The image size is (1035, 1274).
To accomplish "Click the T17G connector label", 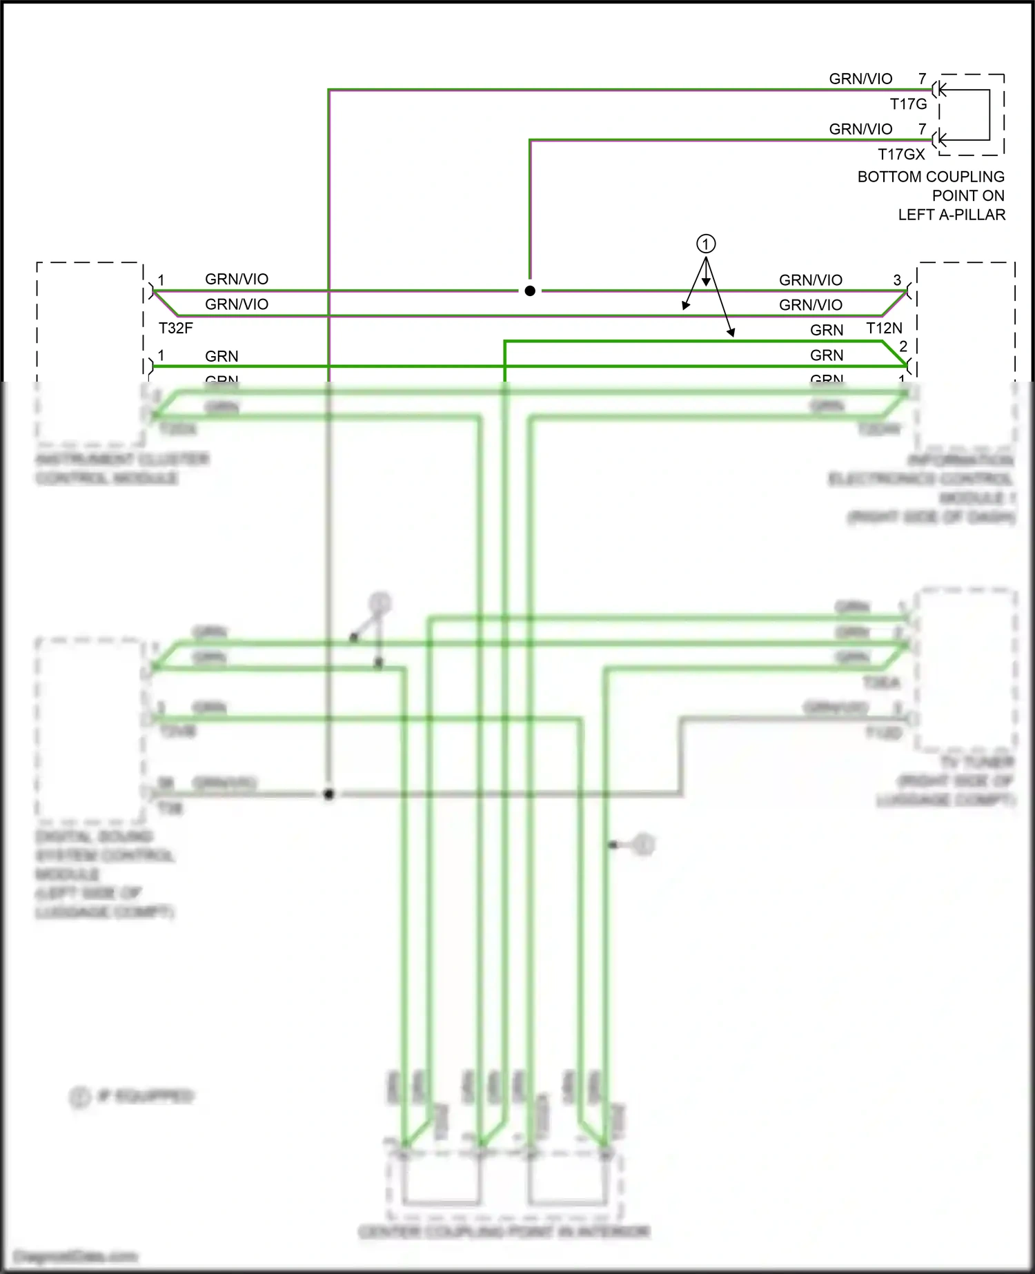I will (x=908, y=104).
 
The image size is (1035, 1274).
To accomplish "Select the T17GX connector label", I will (x=901, y=155).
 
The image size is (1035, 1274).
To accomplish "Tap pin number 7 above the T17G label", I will (x=922, y=79).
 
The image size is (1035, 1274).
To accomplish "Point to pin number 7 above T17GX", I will (x=922, y=129).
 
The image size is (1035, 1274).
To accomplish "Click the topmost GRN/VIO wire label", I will (x=860, y=79).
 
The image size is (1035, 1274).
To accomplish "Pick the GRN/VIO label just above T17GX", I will (x=860, y=129).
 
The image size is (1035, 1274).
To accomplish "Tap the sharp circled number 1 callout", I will (x=705, y=244).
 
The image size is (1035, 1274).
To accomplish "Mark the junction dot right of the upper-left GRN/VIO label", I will (x=530, y=291).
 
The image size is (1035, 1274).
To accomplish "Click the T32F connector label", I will (x=176, y=329).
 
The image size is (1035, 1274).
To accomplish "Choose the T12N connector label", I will (x=884, y=329).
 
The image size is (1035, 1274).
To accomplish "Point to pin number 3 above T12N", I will (x=897, y=280).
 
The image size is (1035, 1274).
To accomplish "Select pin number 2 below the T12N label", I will (x=903, y=346).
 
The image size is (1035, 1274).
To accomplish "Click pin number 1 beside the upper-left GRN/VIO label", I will (x=161, y=280).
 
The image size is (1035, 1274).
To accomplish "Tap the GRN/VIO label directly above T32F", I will (x=237, y=304).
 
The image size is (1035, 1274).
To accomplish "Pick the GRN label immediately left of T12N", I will (x=827, y=330).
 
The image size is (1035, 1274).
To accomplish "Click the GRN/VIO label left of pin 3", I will (x=811, y=280).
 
